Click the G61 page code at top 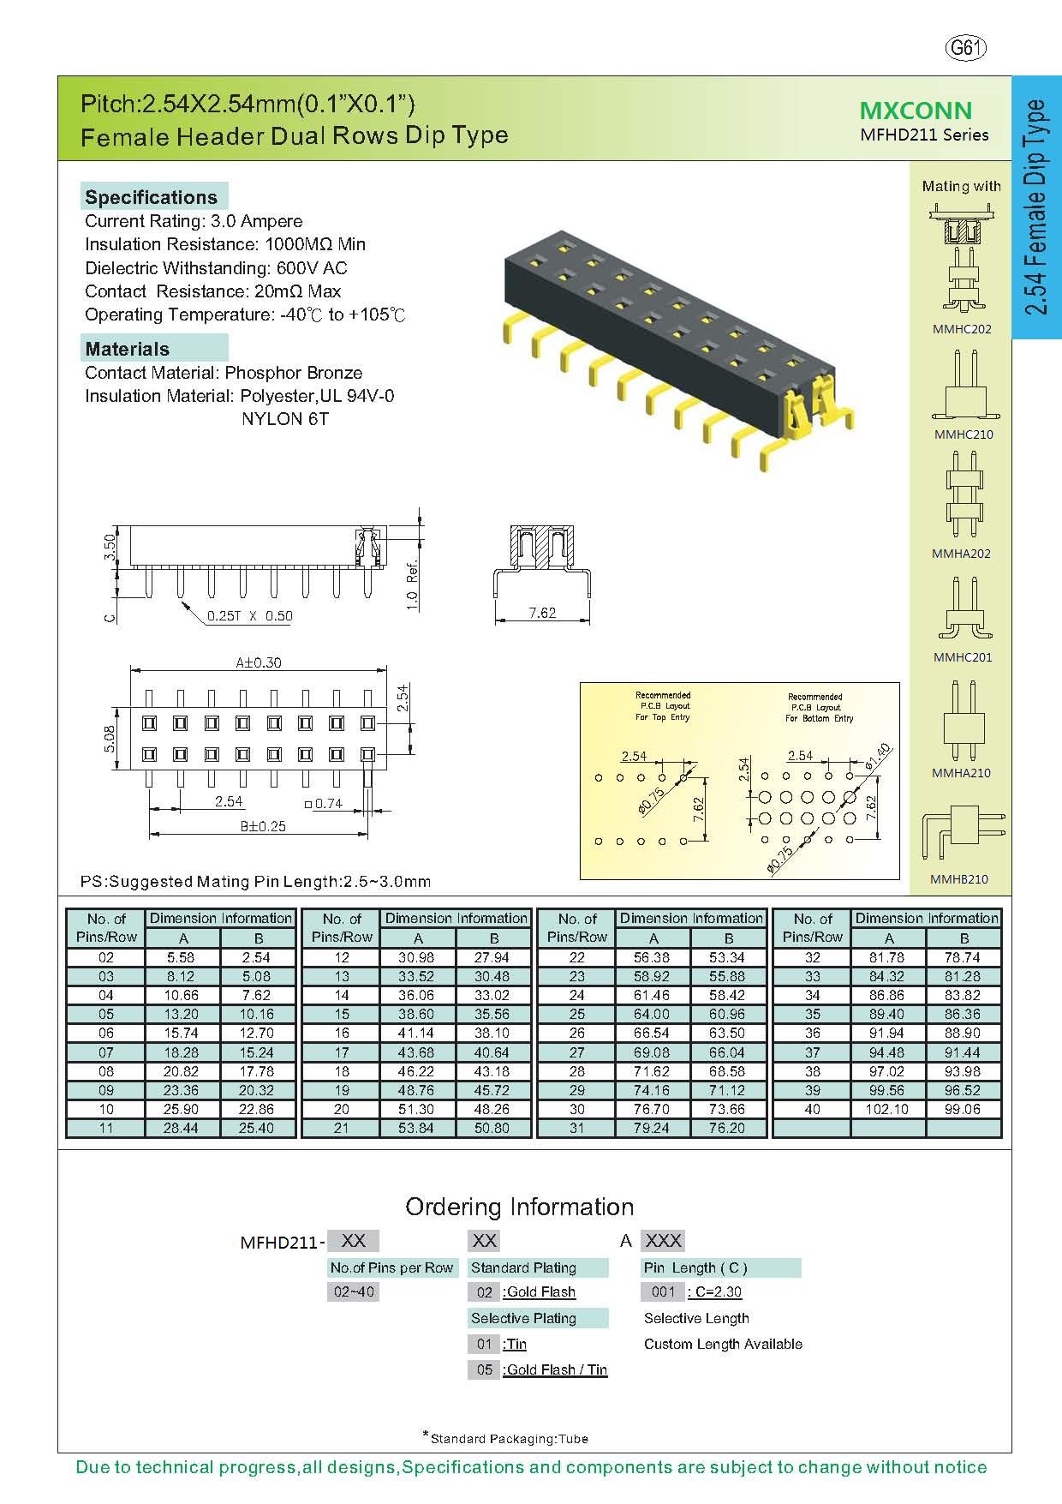pyautogui.click(x=965, y=48)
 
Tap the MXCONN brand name pyautogui.click(x=916, y=111)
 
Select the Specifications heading pyautogui.click(x=152, y=197)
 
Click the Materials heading pyautogui.click(x=128, y=349)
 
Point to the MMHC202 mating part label pyautogui.click(x=962, y=329)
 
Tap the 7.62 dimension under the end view pyautogui.click(x=542, y=613)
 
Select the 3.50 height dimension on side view pyautogui.click(x=108, y=547)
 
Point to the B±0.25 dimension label pyautogui.click(x=263, y=826)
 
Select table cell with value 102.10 pyautogui.click(x=888, y=1109)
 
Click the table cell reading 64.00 pyautogui.click(x=653, y=1014)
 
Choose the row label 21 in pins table pyautogui.click(x=342, y=1128)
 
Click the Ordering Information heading pyautogui.click(x=519, y=1207)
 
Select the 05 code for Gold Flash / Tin pyautogui.click(x=485, y=1369)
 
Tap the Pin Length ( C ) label pyautogui.click(x=695, y=1267)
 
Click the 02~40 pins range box pyautogui.click(x=353, y=1291)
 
